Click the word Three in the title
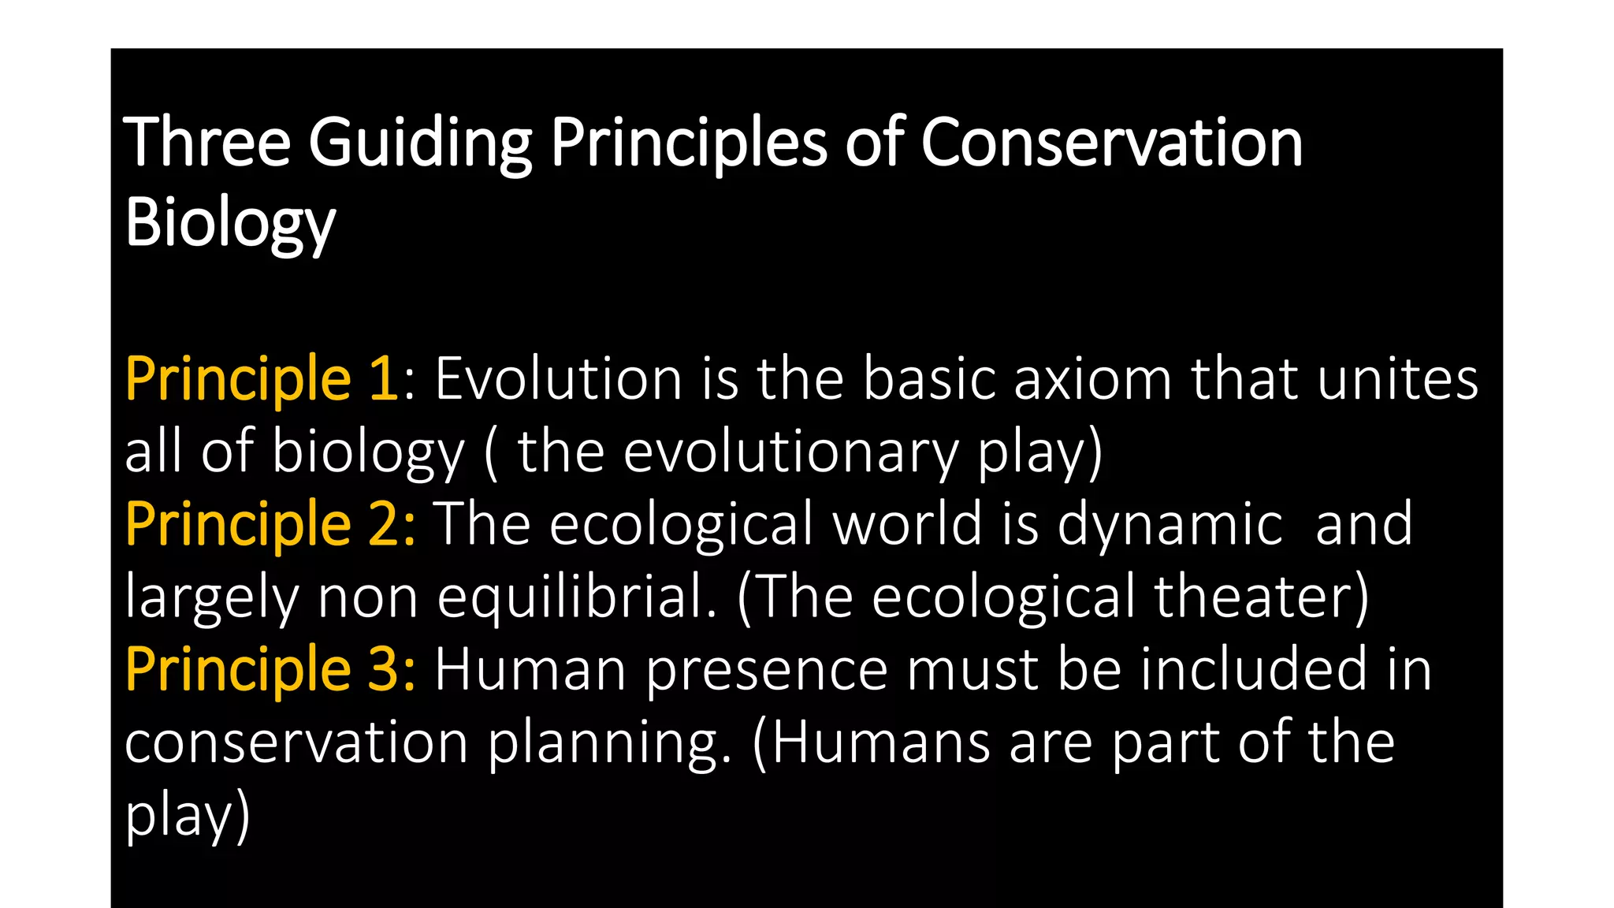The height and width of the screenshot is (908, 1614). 207,143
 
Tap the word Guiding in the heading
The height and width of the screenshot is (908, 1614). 420,143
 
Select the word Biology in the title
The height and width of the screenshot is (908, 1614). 229,223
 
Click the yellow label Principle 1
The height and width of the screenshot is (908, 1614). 262,380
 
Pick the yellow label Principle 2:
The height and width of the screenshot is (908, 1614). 270,525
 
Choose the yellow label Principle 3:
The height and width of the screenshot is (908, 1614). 270,670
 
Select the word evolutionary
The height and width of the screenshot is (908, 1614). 790,452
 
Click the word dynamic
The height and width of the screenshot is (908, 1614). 1170,525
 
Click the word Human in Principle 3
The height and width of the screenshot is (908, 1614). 530,670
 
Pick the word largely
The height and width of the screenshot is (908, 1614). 211,597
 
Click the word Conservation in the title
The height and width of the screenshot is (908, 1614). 1111,143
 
